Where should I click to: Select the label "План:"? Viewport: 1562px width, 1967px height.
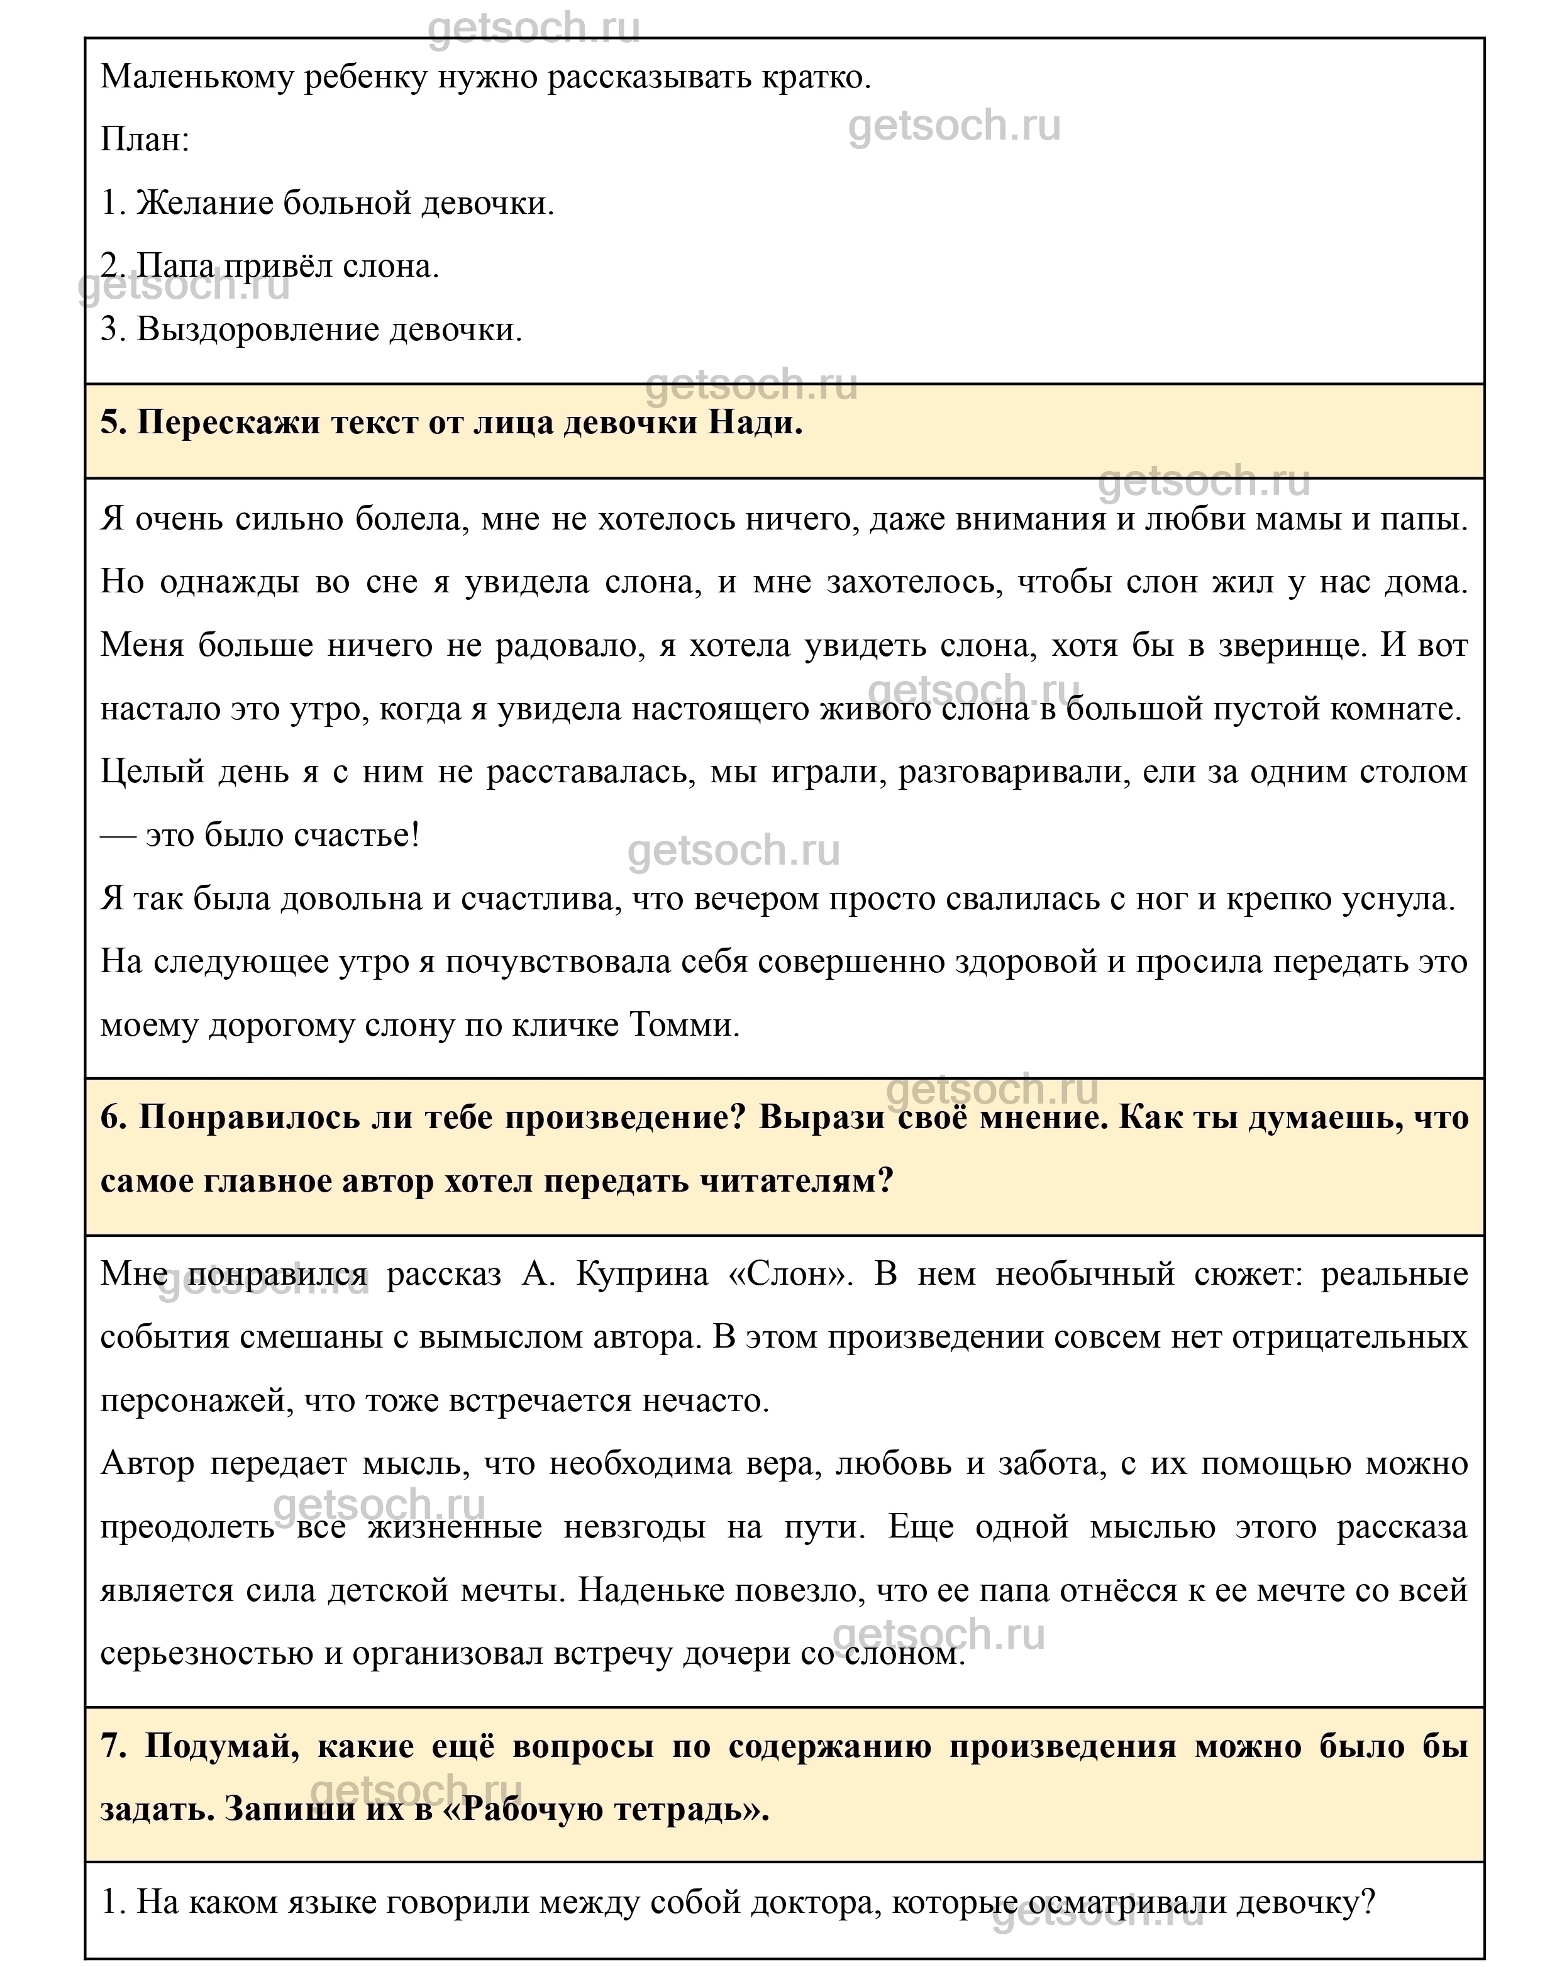pos(144,140)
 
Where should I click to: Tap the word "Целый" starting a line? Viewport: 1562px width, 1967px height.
pos(152,772)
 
